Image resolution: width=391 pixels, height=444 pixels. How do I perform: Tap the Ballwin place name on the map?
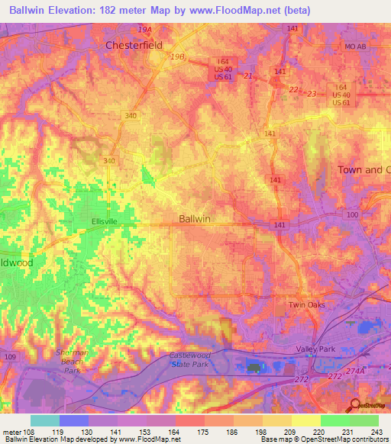pyautogui.click(x=194, y=219)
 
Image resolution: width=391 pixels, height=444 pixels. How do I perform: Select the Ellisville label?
pyautogui.click(x=105, y=221)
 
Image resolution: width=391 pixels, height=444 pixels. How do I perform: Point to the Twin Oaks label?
pyautogui.click(x=306, y=305)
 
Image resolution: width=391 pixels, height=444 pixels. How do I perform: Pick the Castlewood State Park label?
pyautogui.click(x=195, y=360)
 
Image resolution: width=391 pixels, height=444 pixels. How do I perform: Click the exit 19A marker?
pyautogui.click(x=145, y=29)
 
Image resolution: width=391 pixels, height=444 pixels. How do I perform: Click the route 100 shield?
pyautogui.click(x=352, y=216)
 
